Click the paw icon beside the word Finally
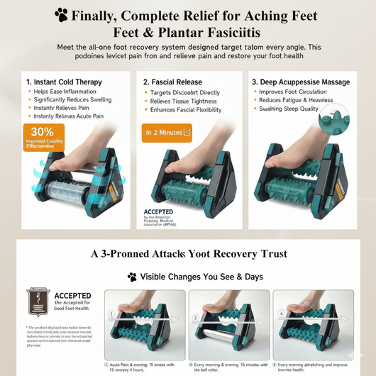tap(62, 14)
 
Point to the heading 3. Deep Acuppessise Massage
tap(302, 82)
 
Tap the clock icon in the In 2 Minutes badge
tap(187, 131)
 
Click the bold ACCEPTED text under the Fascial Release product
tap(159, 211)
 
